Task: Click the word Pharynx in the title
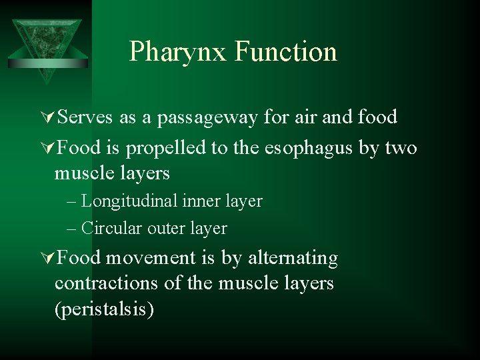point(178,52)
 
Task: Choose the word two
point(401,148)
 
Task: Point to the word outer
point(163,229)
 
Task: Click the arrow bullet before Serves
point(48,118)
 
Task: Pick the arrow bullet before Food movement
point(48,258)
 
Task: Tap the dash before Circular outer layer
point(73,229)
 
